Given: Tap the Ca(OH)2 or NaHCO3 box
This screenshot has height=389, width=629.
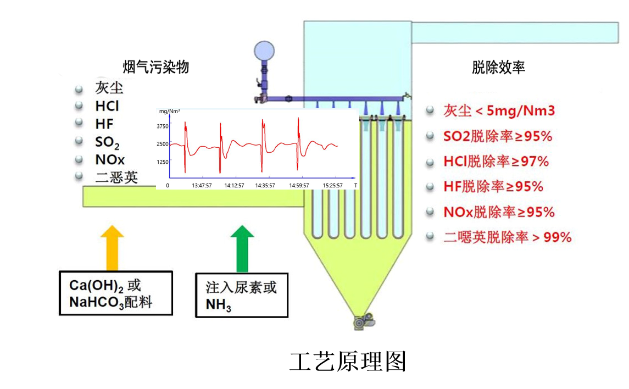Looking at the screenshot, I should coord(115,293).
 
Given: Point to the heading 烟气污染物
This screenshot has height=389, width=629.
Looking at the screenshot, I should coord(156,67).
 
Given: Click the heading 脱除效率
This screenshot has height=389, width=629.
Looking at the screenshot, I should coord(498,67).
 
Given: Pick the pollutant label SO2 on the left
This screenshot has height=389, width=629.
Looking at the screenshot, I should coord(107,142).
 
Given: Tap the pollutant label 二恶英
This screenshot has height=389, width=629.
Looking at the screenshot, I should coord(116,177).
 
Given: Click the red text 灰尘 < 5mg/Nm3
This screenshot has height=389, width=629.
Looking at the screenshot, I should coord(499,111).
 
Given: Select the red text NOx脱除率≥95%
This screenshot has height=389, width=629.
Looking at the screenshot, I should coord(499,212).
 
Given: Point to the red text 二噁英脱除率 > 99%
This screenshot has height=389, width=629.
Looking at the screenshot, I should coord(507,237).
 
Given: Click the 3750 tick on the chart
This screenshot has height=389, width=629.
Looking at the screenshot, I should coord(163,126).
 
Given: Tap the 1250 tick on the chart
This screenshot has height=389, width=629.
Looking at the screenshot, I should coord(163,162).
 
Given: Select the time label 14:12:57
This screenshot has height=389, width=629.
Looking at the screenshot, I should coord(234,186).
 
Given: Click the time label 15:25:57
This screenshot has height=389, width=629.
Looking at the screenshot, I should coord(332,186).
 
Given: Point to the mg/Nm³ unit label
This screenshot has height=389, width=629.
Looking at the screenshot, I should coord(170,111).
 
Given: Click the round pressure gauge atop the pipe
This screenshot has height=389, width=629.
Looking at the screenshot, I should coord(264,51).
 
